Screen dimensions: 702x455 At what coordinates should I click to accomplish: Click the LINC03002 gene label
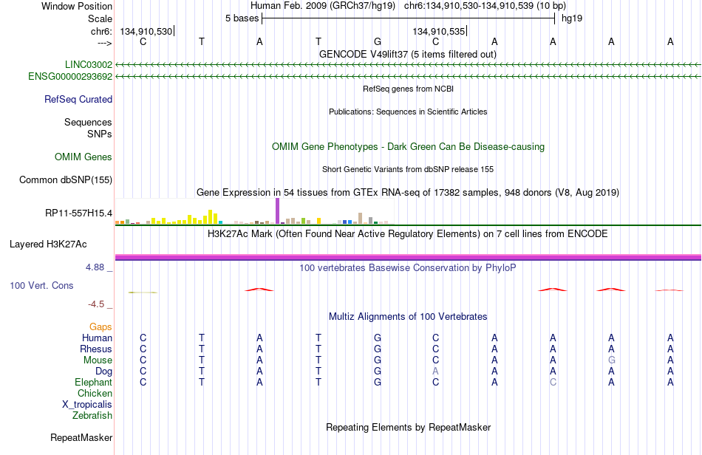89,64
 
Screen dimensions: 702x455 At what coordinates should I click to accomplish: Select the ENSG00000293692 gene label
70,77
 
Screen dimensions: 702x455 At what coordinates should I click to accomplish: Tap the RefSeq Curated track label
78,99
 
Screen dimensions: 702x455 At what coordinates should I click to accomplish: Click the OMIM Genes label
84,157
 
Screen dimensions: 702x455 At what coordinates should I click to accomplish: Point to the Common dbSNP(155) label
66,179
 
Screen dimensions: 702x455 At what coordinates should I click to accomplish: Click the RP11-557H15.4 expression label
79,213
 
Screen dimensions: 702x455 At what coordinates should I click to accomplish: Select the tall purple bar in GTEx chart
278,211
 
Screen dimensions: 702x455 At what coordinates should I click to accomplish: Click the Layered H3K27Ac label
48,244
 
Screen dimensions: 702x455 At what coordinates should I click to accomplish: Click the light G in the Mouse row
612,360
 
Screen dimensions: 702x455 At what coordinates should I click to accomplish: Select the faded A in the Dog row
436,372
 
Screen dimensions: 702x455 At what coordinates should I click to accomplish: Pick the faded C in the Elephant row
553,383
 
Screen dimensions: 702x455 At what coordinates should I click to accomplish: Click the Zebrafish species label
92,416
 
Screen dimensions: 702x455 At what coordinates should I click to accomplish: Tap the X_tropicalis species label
87,405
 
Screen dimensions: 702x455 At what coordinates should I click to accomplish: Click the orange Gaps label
100,327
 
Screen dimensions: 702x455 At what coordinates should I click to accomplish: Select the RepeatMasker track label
81,437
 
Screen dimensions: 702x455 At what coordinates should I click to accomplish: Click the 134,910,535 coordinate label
439,31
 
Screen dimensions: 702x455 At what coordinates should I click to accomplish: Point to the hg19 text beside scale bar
572,18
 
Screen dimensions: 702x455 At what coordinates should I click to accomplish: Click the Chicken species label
95,393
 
